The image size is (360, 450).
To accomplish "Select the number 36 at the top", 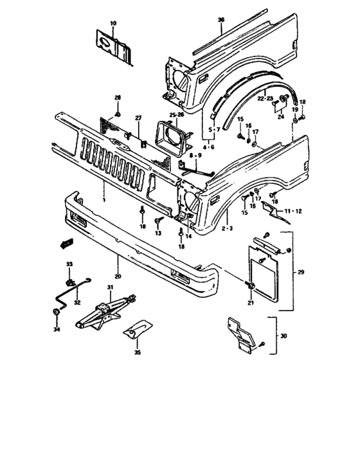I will tap(221, 20).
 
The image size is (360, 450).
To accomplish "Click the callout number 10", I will tap(114, 23).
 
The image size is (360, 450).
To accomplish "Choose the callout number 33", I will tap(69, 265).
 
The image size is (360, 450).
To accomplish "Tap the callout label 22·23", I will tap(266, 98).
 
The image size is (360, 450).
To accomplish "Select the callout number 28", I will tap(118, 97).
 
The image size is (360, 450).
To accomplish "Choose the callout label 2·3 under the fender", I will tap(226, 228).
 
